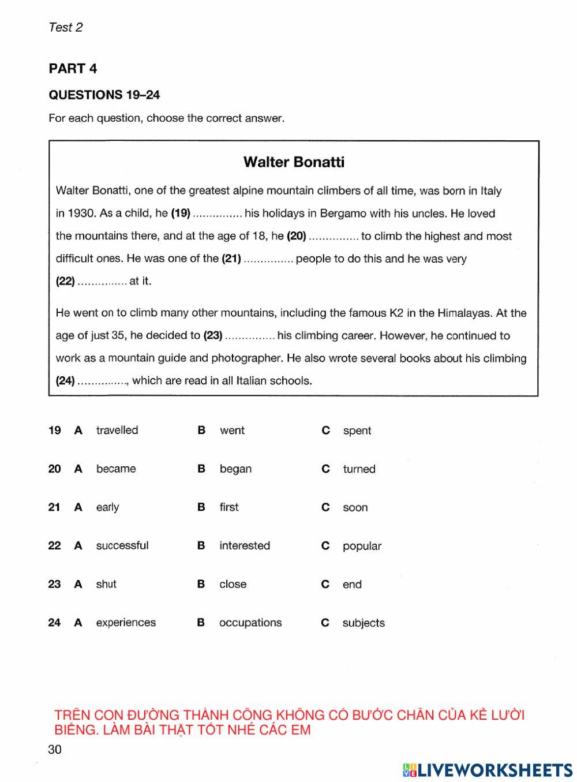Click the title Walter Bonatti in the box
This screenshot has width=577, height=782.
(x=294, y=162)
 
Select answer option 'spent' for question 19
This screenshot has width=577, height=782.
(x=357, y=431)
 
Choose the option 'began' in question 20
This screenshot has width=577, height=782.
(x=235, y=469)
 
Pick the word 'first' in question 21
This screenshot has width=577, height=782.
(x=228, y=507)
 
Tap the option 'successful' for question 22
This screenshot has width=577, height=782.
(x=122, y=546)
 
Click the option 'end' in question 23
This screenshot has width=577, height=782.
(x=352, y=585)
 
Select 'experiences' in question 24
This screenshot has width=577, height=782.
(x=126, y=623)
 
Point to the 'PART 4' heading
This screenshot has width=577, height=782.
(x=73, y=69)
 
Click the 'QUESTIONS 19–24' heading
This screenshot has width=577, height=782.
(x=104, y=95)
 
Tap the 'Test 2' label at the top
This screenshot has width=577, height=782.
(x=66, y=27)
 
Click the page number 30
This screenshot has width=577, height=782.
(x=55, y=750)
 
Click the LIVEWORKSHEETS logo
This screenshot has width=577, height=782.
(x=488, y=770)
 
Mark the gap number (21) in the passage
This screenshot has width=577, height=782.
(x=231, y=259)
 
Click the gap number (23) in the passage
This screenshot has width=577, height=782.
(x=213, y=336)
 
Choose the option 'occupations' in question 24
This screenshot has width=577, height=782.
(x=250, y=623)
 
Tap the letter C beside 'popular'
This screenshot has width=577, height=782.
(x=325, y=546)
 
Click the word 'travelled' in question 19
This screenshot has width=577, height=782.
(x=117, y=431)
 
